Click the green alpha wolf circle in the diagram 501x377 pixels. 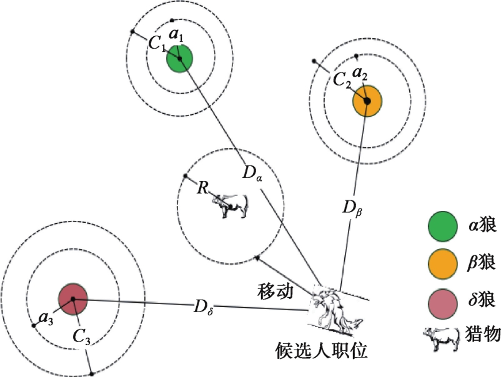(x=179, y=59)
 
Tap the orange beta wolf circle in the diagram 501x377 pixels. (x=367, y=100)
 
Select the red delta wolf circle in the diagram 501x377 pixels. (x=72, y=299)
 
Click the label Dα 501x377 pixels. (x=254, y=174)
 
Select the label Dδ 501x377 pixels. (x=204, y=305)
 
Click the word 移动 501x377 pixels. (x=275, y=291)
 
